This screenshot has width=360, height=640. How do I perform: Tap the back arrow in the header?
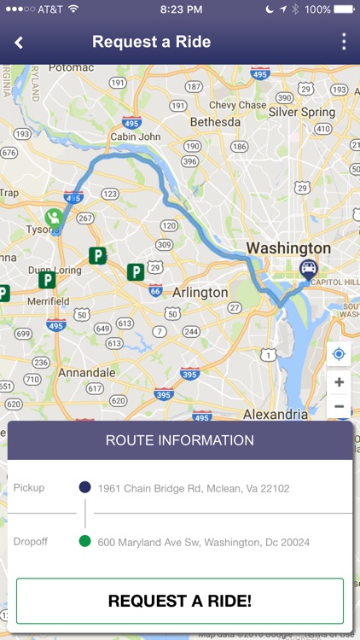[19, 42]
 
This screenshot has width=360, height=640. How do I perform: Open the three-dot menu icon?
[344, 42]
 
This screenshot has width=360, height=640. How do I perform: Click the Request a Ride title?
[151, 42]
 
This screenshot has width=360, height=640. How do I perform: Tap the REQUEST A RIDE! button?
[180, 601]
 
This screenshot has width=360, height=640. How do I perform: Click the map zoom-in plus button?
[339, 382]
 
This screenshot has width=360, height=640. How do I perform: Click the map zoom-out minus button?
[339, 406]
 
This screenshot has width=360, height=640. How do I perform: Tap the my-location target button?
[339, 354]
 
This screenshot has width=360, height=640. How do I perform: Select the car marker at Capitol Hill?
[307, 271]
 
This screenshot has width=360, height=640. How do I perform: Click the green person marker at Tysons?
[55, 218]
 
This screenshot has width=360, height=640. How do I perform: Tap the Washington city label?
[287, 248]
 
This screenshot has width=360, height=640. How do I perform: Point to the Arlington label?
[200, 292]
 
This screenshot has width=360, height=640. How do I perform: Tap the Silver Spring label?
[302, 112]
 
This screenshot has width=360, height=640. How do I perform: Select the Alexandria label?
[276, 414]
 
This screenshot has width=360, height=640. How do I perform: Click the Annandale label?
[86, 373]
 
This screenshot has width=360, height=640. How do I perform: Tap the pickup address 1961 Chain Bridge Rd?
[194, 489]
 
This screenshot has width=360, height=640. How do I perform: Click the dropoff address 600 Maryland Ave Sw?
[204, 542]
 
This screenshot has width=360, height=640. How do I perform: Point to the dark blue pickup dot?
[84, 488]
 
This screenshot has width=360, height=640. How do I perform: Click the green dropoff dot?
[84, 541]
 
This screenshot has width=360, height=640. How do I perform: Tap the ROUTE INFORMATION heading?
[180, 440]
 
